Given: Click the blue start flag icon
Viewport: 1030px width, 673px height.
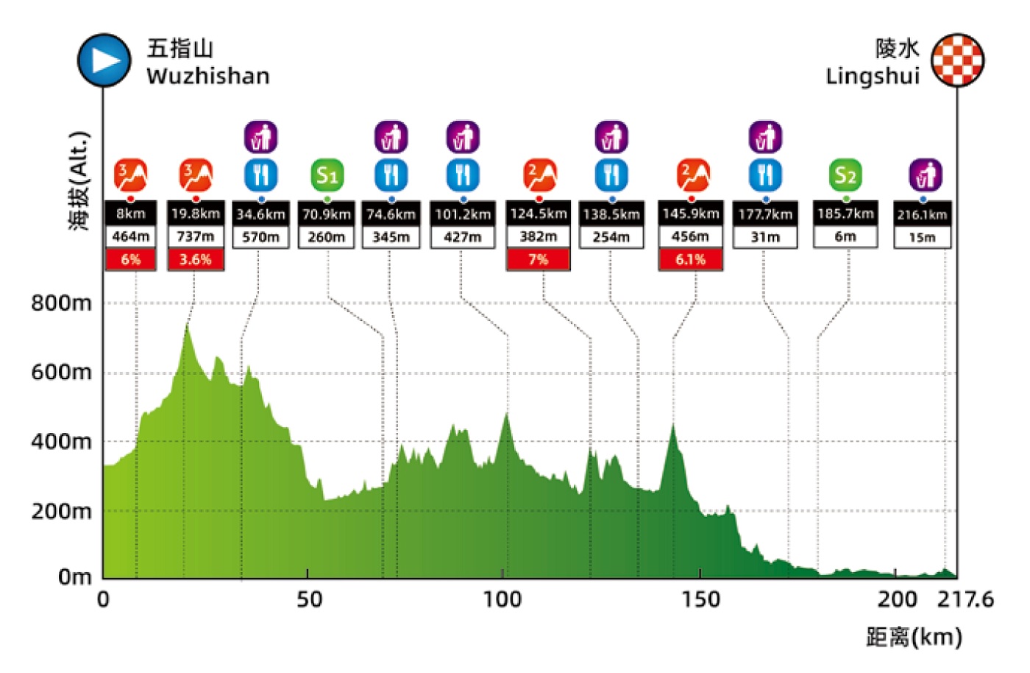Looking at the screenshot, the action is [x=104, y=60].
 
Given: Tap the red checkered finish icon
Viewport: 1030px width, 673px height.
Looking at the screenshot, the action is [x=958, y=60].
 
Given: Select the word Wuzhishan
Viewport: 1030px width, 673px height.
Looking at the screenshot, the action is [x=207, y=77].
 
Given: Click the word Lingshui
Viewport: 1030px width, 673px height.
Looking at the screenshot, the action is [x=873, y=77].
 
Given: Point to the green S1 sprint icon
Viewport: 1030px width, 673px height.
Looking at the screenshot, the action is [x=327, y=175].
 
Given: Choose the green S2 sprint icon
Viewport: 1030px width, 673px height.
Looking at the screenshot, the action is [x=845, y=175].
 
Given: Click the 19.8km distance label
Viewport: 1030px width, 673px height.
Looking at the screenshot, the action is [x=196, y=214].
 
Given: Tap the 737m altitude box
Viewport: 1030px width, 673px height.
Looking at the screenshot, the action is [x=196, y=236].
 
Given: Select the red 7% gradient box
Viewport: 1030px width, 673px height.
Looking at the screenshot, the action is [x=539, y=259].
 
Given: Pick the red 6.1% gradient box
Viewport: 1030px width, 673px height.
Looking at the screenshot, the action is [x=690, y=259].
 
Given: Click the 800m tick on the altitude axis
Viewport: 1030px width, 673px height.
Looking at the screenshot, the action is [x=61, y=303].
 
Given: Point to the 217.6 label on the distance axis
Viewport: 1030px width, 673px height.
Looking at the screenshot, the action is [x=965, y=600].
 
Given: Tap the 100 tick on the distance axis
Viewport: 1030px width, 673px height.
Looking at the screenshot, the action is [x=502, y=600].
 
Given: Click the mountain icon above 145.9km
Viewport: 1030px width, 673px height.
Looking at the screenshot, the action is [x=693, y=175].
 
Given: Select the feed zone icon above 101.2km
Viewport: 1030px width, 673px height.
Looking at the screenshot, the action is [x=463, y=175].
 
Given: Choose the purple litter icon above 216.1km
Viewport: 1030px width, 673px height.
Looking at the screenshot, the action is [x=926, y=175].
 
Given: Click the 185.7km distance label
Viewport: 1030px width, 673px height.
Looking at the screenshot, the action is [x=845, y=214].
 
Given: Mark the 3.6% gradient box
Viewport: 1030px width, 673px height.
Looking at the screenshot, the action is [x=196, y=259].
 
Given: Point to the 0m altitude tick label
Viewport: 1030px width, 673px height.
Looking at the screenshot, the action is [x=75, y=577].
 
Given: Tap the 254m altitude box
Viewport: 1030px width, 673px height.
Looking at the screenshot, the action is [x=611, y=237].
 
